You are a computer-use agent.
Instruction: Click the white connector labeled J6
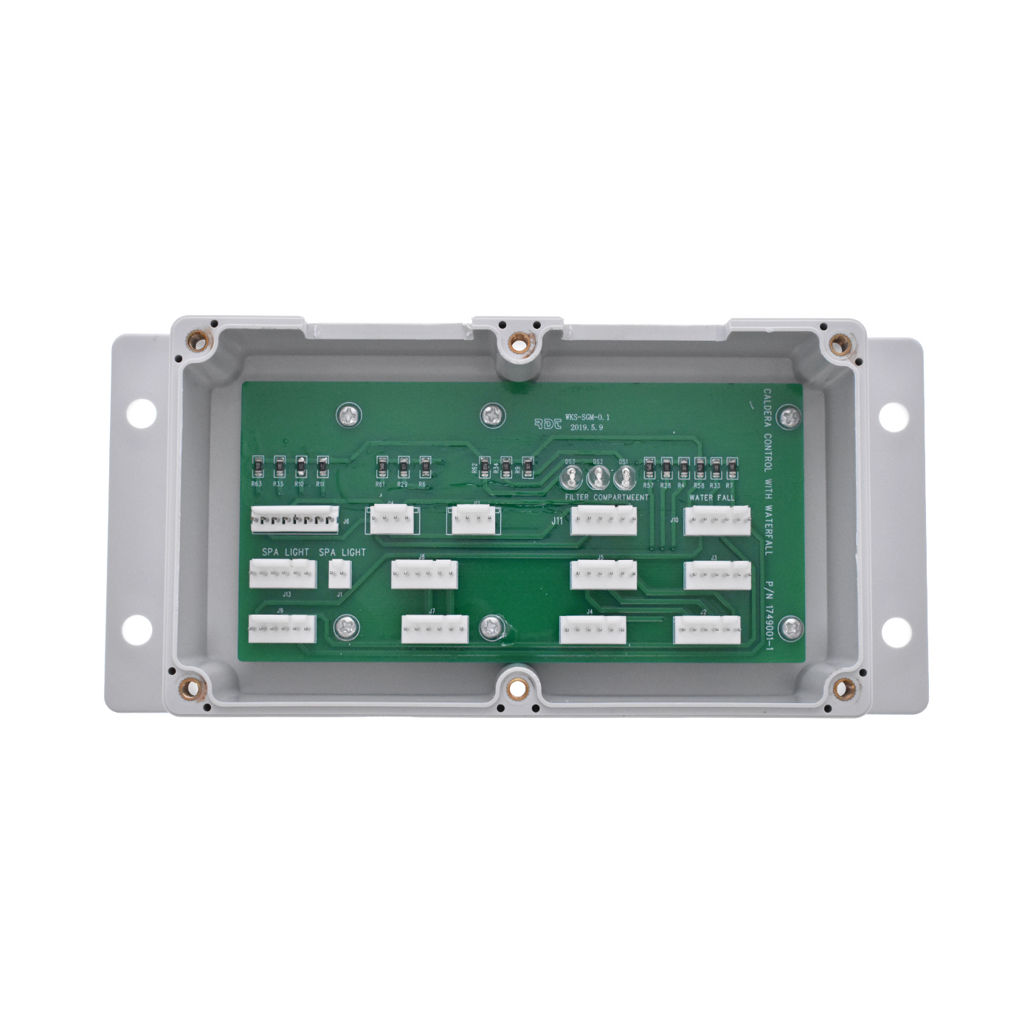pyautogui.click(x=294, y=519)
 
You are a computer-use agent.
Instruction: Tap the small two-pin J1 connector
pyautogui.click(x=339, y=574)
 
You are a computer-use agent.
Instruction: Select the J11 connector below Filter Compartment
pyautogui.click(x=604, y=521)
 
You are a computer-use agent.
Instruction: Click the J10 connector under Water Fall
pyautogui.click(x=717, y=521)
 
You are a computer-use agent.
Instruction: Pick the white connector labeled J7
pyautogui.click(x=435, y=629)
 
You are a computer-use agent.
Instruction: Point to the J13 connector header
pyautogui.click(x=283, y=574)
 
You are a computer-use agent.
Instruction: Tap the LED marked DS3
pyautogui.click(x=570, y=477)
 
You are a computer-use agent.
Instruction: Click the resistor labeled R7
pyautogui.click(x=731, y=467)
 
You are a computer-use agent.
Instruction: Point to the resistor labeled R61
pyautogui.click(x=382, y=467)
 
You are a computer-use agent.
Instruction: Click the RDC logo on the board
pyautogui.click(x=548, y=424)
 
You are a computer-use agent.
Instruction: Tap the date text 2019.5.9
pyautogui.click(x=587, y=427)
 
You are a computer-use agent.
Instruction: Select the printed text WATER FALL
pyautogui.click(x=711, y=498)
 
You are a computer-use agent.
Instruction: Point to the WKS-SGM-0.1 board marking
pyautogui.click(x=587, y=417)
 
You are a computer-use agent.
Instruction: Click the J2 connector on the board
pyautogui.click(x=707, y=629)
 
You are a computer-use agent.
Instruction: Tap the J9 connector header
pyautogui.click(x=282, y=629)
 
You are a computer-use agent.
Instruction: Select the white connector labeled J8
pyautogui.click(x=424, y=575)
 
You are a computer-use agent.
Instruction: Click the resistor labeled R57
pyautogui.click(x=649, y=467)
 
